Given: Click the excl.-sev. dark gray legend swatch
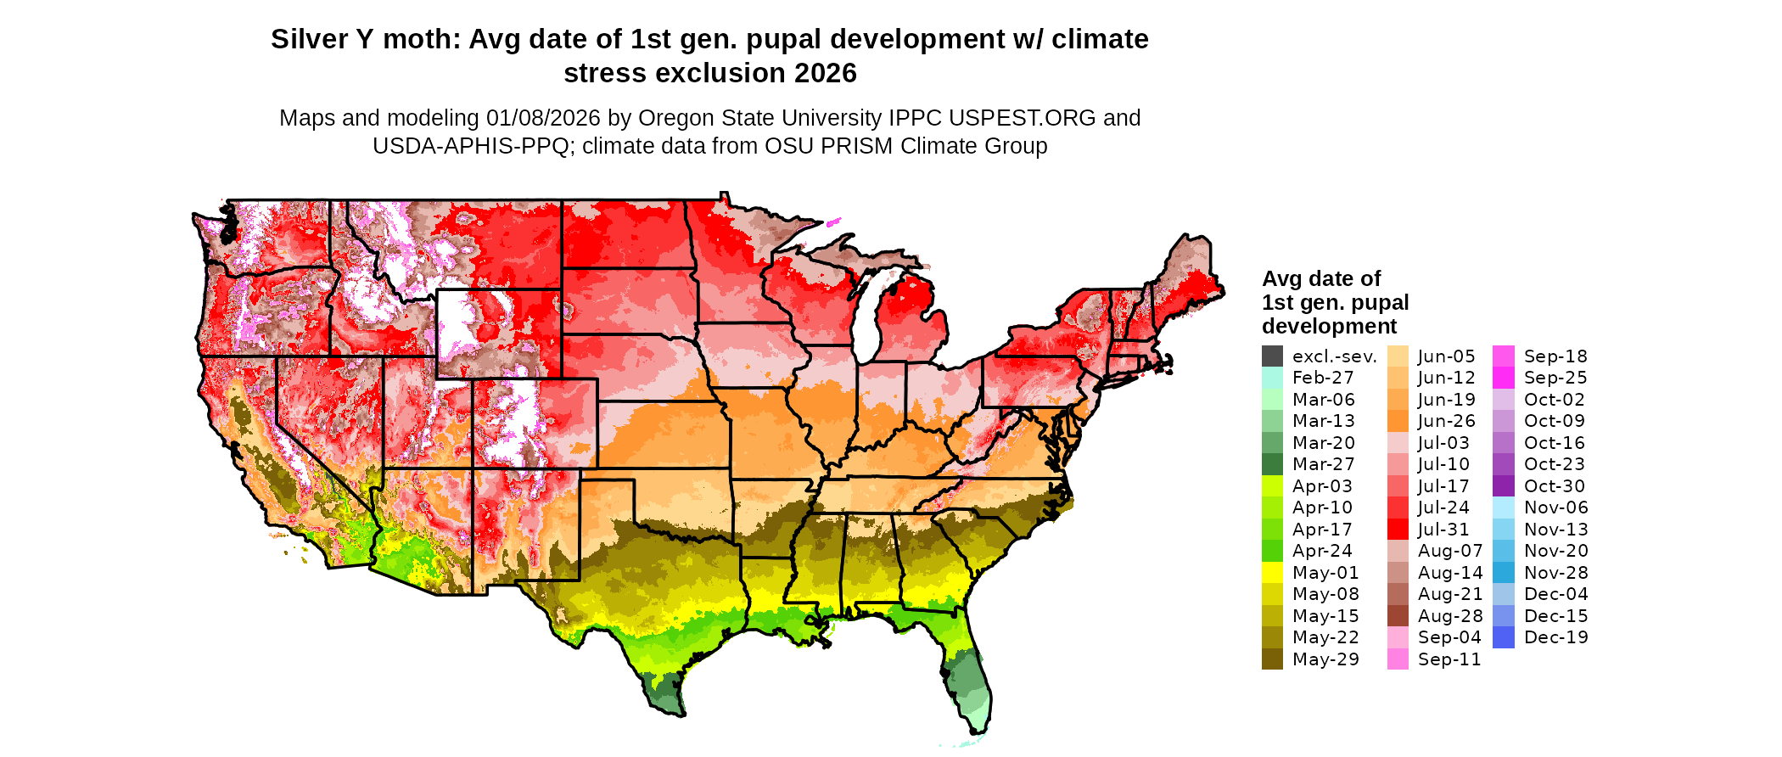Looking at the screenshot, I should [x=1272, y=356].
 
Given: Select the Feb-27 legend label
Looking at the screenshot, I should [x=1323, y=378].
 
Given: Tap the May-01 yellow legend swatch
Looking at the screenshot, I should [x=1272, y=573].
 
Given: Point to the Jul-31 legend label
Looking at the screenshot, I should [x=1443, y=530].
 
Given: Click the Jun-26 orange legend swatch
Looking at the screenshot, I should [x=1398, y=421].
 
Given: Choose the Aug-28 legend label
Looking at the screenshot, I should [x=1450, y=616].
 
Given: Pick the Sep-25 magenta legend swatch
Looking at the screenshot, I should [x=1503, y=378].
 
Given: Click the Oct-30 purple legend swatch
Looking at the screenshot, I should [x=1503, y=486].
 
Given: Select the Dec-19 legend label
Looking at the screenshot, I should [x=1555, y=637].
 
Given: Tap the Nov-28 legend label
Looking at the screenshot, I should [x=1555, y=573].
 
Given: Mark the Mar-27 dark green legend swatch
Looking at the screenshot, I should [x=1272, y=464].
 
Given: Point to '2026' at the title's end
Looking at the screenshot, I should [x=826, y=73].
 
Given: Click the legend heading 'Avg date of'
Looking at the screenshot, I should [x=1320, y=278].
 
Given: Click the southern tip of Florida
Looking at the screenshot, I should [x=978, y=728].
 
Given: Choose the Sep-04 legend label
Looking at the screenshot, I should [x=1449, y=637].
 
